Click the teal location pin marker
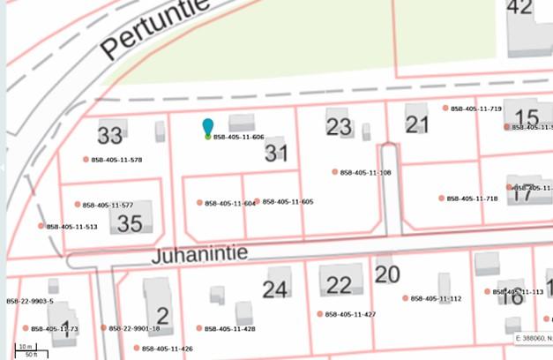tap(208, 129)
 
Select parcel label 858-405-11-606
tap(239, 138)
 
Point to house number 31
tap(277, 154)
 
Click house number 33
tap(110, 136)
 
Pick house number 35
tap(130, 223)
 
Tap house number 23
tap(339, 126)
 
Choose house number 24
tap(275, 289)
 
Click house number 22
tap(339, 285)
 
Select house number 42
tap(519, 8)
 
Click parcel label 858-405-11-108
tap(365, 173)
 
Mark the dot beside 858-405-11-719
tap(445, 109)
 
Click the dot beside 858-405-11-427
tap(320, 314)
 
